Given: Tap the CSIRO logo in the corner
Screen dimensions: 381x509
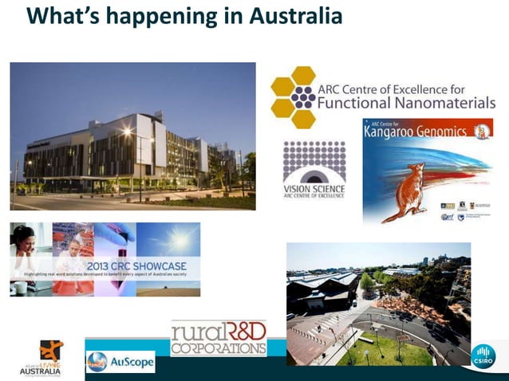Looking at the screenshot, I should click(x=483, y=356).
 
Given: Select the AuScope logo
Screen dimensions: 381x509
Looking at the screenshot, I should click(x=120, y=361).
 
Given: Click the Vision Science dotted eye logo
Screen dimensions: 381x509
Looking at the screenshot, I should click(x=314, y=160).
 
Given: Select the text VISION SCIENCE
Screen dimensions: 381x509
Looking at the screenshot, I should click(x=314, y=189).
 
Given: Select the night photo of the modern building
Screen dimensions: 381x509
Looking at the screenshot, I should click(x=132, y=136).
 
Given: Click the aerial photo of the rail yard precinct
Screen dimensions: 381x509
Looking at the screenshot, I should click(x=378, y=303).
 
